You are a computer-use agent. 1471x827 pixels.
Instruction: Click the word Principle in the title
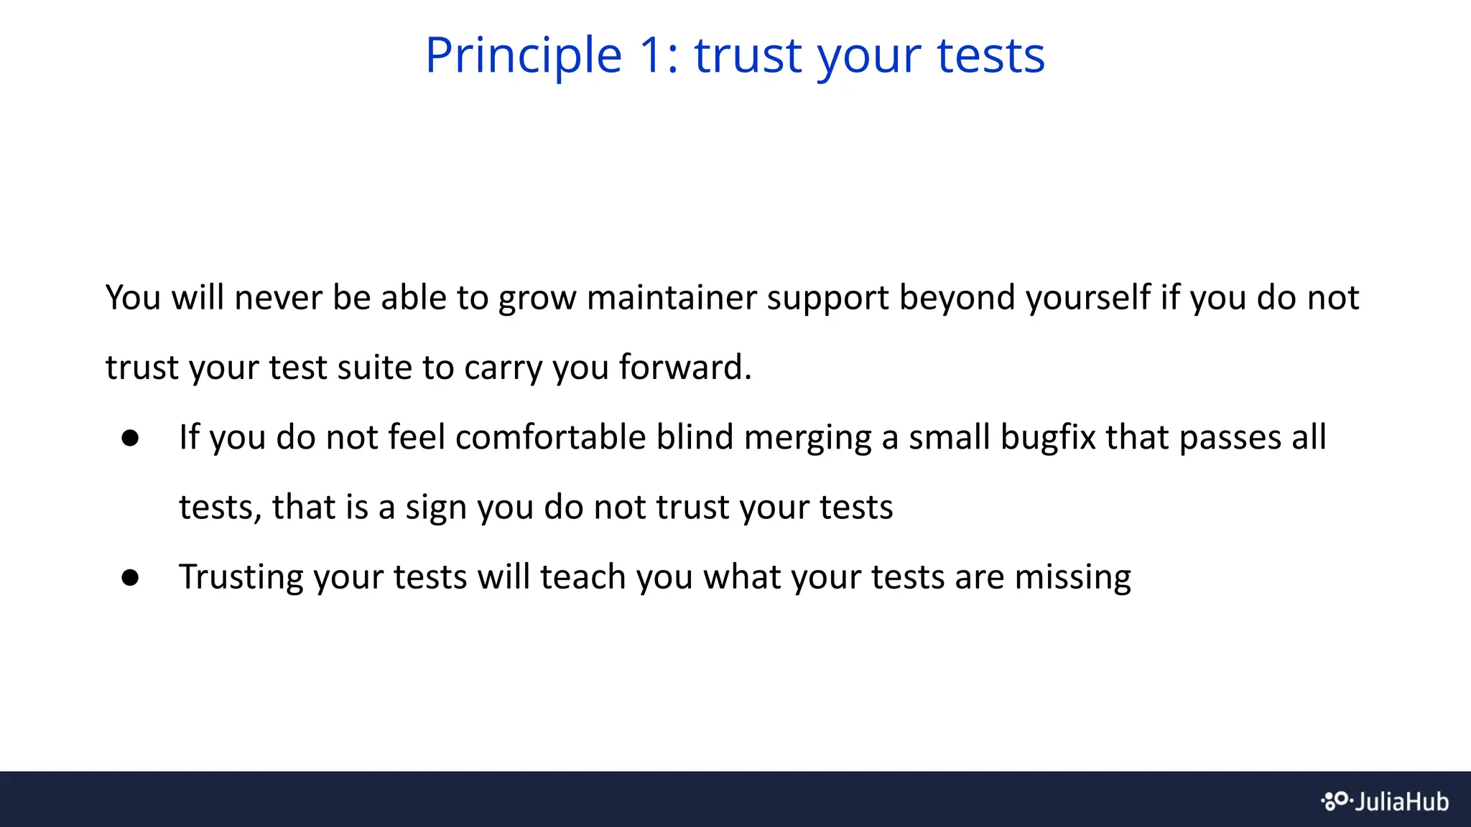523,56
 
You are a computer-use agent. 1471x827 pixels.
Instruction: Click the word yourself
1087,297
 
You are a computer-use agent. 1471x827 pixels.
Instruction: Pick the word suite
373,367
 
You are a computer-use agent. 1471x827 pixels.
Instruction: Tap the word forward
684,367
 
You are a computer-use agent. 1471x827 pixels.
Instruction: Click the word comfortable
550,436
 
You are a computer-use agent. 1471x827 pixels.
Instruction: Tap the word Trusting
241,578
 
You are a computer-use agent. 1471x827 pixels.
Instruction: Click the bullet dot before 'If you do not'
130,438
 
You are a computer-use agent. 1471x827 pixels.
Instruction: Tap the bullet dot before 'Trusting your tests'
130,577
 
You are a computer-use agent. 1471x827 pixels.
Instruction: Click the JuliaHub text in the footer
1401,801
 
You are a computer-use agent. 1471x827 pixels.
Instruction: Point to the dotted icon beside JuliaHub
1335,800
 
